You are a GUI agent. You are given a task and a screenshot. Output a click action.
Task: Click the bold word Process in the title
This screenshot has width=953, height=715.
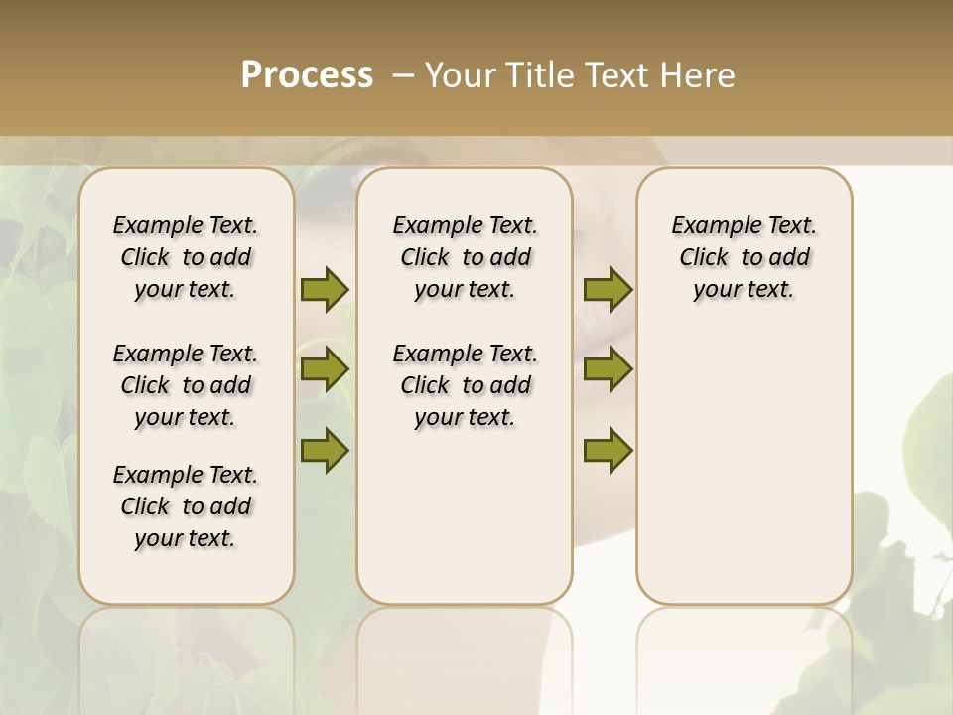pyautogui.click(x=307, y=75)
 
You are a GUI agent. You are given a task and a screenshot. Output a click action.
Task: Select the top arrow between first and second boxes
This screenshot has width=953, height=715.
pyautogui.click(x=325, y=289)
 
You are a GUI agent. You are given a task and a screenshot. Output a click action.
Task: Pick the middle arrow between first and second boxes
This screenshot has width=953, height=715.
pyautogui.click(x=325, y=369)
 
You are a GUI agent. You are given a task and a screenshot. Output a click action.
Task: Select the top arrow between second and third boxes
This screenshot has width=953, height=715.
pyautogui.click(x=608, y=289)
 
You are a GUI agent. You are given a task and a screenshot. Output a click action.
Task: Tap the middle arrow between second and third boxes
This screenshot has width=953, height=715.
pyautogui.click(x=608, y=369)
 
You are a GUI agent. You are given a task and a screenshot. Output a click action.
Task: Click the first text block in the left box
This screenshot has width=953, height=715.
pyautogui.click(x=186, y=257)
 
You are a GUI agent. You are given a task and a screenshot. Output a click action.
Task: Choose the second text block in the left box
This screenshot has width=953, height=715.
pyautogui.click(x=186, y=385)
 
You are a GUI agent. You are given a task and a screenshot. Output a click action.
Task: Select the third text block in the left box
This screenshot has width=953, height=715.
pyautogui.click(x=186, y=506)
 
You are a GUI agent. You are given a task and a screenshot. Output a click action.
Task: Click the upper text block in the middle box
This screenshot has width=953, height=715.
pyautogui.click(x=465, y=257)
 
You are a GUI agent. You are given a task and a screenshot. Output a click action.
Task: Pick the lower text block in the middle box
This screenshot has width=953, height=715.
pyautogui.click(x=465, y=385)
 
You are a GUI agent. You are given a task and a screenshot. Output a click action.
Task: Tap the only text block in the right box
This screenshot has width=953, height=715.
pyautogui.click(x=744, y=257)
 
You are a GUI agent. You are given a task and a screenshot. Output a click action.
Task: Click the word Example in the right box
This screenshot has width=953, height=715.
pyautogui.click(x=708, y=226)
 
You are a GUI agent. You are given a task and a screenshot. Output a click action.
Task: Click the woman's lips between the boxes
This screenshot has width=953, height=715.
pyautogui.click(x=596, y=328)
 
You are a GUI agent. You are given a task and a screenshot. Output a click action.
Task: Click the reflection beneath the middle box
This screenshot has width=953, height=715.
pyautogui.click(x=465, y=655)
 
